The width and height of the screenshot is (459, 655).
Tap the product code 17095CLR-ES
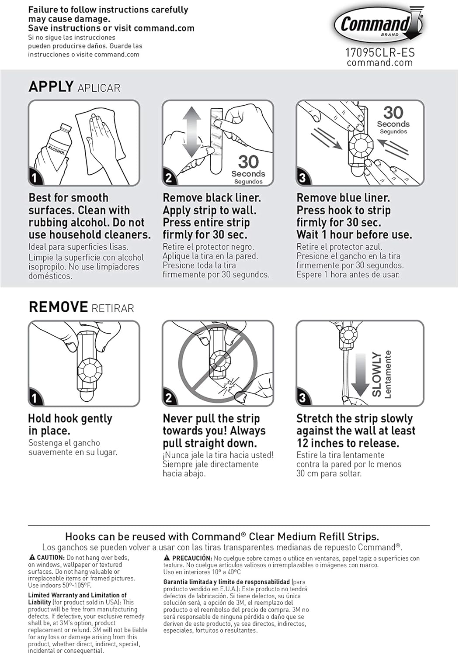380,53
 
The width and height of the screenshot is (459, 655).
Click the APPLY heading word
51,86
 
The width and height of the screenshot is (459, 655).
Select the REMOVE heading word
58,307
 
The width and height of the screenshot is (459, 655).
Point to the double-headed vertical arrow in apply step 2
191,132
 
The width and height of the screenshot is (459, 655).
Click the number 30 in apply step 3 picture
393,113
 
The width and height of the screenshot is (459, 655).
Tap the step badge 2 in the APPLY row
169,178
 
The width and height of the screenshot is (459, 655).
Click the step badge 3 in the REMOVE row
303,398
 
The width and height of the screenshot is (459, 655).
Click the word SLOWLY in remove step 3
376,375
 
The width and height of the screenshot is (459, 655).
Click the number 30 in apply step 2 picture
248,162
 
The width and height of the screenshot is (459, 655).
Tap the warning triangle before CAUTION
32,558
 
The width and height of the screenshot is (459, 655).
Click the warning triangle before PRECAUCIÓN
167,558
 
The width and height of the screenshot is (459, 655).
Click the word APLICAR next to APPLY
99,88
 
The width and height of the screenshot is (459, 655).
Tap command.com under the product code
380,63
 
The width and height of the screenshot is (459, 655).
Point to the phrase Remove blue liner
343,198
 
